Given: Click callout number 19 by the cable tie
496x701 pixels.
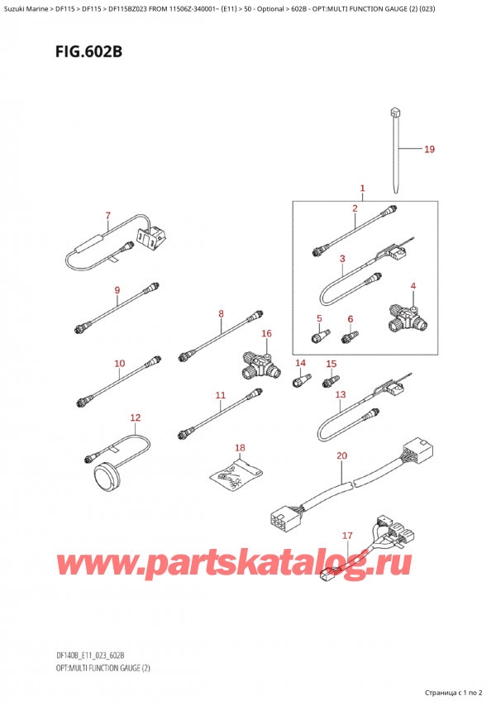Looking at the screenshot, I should coord(428,150).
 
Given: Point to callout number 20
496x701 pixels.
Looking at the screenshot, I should coord(342,455).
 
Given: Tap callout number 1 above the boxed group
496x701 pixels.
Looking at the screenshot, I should coord(361,188).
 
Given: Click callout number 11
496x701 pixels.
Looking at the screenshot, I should coord(220,396).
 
